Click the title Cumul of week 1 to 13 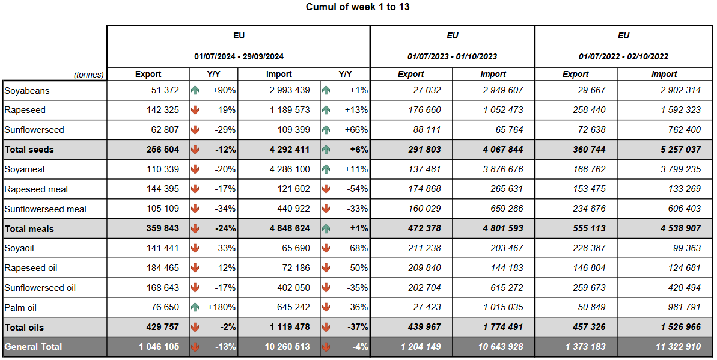pos(358,7)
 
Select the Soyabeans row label pos(27,91)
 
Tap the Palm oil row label pos(20,308)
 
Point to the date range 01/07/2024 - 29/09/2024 pos(239,56)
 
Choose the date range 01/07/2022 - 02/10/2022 pos(623,56)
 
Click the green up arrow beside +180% pos(195,308)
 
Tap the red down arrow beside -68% pos(326,248)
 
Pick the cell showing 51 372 pos(165,91)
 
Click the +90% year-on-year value pos(224,91)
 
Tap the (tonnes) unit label pos(89,75)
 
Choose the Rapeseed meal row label pos(36,189)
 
